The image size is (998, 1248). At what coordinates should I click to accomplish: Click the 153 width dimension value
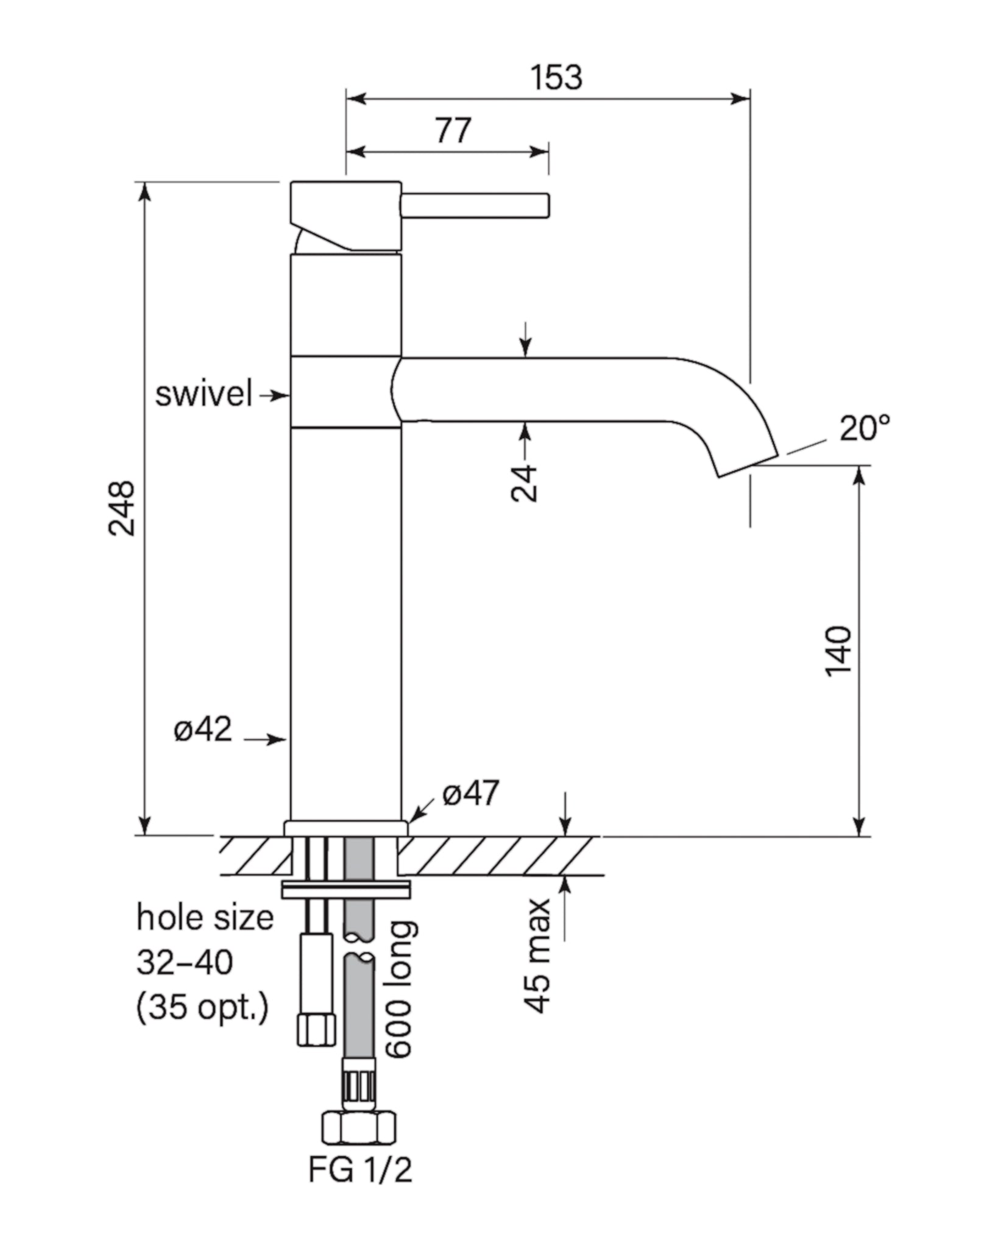(x=556, y=77)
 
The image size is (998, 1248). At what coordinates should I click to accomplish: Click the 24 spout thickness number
(x=525, y=483)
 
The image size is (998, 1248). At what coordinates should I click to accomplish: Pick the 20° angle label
(x=865, y=428)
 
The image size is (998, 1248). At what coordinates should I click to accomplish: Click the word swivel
(x=203, y=394)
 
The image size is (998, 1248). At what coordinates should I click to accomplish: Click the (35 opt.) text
(x=202, y=1009)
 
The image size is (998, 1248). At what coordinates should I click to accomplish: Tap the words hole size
(x=205, y=918)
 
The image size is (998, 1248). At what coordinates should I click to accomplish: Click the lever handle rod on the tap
(x=475, y=205)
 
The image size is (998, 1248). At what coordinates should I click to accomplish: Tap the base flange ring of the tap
(x=346, y=828)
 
